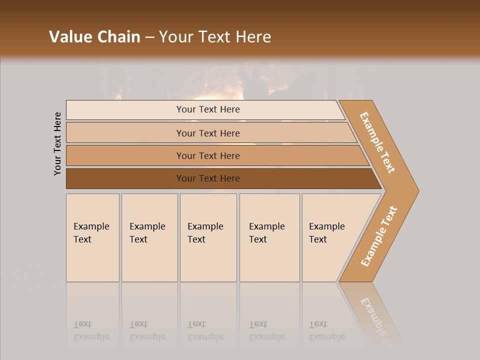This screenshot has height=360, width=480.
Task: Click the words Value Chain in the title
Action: pos(94,37)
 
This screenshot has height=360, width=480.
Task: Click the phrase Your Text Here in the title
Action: pos(215,37)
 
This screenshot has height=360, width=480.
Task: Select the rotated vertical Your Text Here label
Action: pos(57,143)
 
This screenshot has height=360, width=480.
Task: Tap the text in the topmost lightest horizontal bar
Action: pos(208,109)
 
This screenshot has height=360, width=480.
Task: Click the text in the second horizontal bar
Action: pos(208,133)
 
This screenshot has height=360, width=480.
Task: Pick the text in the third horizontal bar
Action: pos(208,155)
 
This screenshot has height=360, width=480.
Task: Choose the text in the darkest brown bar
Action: pos(208,178)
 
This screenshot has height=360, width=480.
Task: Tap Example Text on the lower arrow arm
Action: pos(379,236)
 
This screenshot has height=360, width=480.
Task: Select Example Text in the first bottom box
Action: pos(91,232)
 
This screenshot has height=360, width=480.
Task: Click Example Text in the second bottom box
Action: pos(147,232)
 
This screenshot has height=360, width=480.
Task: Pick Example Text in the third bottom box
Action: pos(205,232)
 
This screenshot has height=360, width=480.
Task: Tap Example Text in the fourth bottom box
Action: pos(266,232)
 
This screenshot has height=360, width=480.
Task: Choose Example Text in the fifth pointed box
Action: pos(326,232)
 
